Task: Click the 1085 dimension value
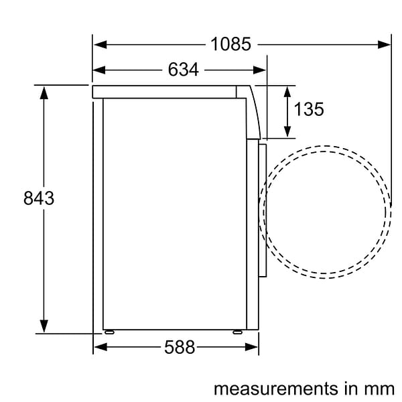coord(230,44)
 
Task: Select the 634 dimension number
coord(183,69)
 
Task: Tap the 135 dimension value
coord(309,109)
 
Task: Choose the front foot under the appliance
coord(237,332)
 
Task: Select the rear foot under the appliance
coord(109,332)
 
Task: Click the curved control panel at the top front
coord(253,111)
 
